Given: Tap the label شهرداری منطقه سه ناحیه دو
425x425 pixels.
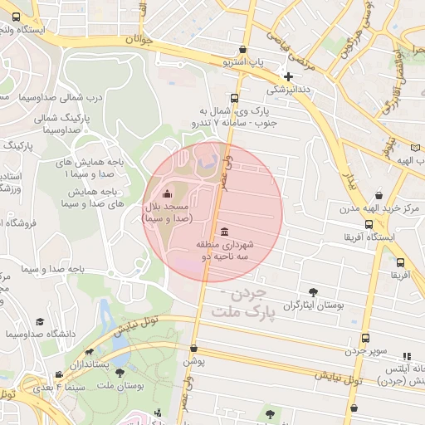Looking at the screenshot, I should click(224, 252).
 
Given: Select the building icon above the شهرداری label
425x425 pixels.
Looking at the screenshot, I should click(225, 231).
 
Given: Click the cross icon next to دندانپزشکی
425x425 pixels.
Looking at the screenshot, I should click(288, 76).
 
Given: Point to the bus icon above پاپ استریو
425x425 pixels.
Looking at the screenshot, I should click(242, 50).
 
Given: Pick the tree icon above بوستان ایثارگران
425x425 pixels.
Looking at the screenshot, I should click(312, 292).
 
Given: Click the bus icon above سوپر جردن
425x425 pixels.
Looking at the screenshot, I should click(366, 338).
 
